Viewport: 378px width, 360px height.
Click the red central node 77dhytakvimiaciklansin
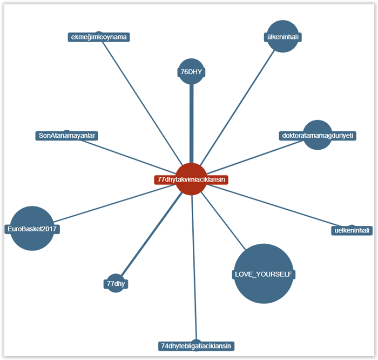coord(191,179)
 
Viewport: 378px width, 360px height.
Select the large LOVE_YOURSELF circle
coord(264,274)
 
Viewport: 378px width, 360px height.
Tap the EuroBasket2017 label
coord(32,229)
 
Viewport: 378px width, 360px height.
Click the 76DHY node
coord(191,71)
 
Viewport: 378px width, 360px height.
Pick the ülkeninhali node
coord(283,37)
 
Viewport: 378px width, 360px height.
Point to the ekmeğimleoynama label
coord(99,37)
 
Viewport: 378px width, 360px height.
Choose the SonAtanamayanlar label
coord(67,136)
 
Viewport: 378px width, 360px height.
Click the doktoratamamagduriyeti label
coord(318,135)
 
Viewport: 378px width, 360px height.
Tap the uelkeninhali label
coord(352,231)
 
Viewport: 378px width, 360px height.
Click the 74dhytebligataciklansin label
coord(196,345)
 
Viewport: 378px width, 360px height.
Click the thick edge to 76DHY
coord(191,124)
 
